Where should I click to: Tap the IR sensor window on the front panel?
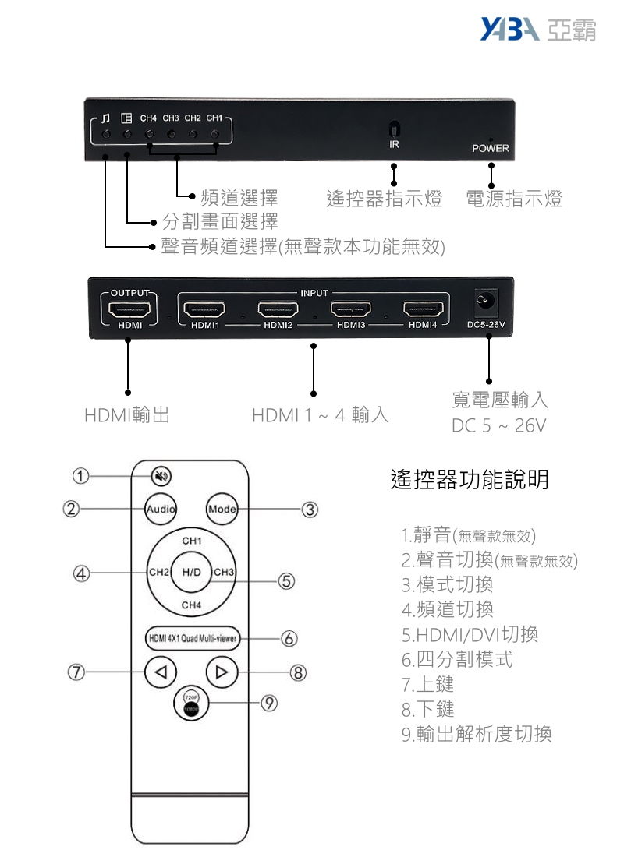click(394, 129)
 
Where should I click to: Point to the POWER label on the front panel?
click(491, 148)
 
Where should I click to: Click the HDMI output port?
click(129, 310)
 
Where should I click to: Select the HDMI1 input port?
click(204, 310)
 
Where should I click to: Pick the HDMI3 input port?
click(351, 310)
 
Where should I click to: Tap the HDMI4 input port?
click(423, 310)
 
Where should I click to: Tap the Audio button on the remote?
click(161, 509)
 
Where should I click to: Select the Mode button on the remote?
click(222, 509)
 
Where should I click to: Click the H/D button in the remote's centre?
click(191, 573)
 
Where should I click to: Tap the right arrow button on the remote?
click(222, 672)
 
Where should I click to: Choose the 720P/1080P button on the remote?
click(191, 702)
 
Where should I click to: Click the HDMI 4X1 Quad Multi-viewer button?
click(193, 638)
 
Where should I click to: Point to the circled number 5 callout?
click(286, 581)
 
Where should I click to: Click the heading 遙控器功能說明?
click(470, 479)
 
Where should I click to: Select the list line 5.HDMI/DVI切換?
click(470, 634)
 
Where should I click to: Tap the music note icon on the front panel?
click(106, 118)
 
